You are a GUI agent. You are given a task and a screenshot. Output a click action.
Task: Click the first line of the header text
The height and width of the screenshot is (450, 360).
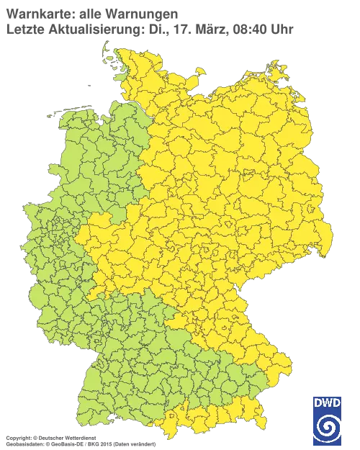tap(90, 13)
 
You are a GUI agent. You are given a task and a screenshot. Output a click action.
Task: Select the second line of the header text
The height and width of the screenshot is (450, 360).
tap(148, 30)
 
